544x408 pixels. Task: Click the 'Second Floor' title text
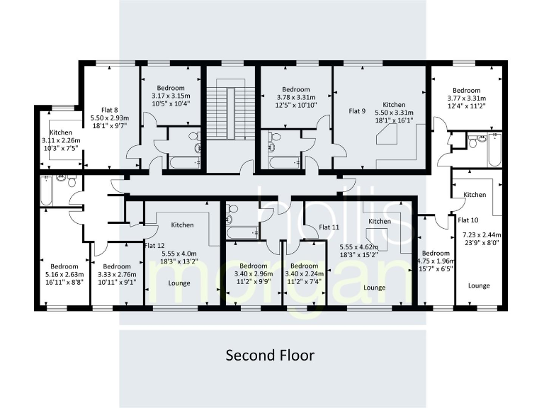(x=269, y=355)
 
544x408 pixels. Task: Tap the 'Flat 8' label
(x=110, y=110)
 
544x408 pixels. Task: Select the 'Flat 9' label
(x=357, y=111)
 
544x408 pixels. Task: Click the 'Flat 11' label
(x=330, y=227)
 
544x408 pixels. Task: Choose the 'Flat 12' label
(x=154, y=245)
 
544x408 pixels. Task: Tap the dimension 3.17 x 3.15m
(x=171, y=96)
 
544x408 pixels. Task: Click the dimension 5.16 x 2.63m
(x=64, y=275)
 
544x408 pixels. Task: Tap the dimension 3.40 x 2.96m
(x=252, y=275)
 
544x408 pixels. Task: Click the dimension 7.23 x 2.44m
(x=481, y=234)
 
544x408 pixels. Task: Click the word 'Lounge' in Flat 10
(x=479, y=285)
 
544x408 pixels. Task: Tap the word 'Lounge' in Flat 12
(x=182, y=282)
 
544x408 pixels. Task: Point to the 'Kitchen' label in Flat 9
(x=394, y=103)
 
